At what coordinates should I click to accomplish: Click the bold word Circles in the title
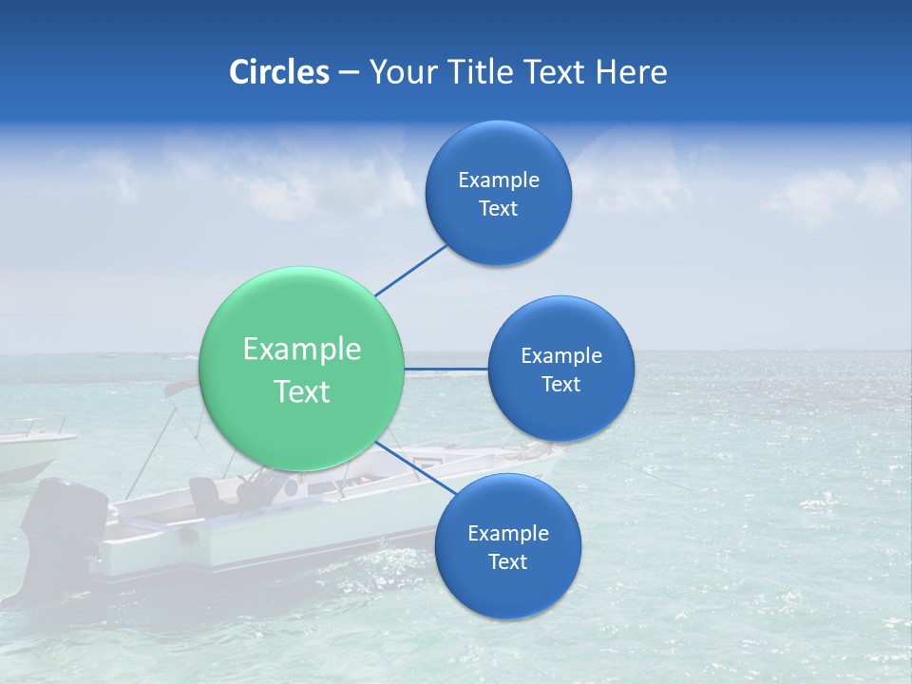279,72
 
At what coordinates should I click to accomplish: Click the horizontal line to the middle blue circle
446,369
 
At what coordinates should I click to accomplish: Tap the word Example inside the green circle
302,350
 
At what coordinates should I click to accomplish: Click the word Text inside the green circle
302,391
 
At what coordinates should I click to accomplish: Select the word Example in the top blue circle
499,180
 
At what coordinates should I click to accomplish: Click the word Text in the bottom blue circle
507,561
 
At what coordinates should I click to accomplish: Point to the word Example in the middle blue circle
561,355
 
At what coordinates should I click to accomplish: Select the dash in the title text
349,73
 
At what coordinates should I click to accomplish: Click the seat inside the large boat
204,494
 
